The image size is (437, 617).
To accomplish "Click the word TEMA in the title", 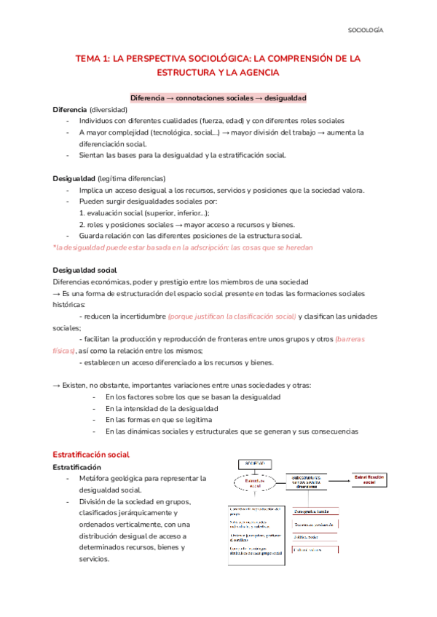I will pyautogui.click(x=92, y=58).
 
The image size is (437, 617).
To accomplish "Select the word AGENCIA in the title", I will pyautogui.click(x=258, y=73).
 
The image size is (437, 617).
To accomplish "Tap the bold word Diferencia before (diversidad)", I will pyautogui.click(x=70, y=109).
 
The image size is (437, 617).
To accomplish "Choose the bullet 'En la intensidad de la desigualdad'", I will pyautogui.click(x=169, y=408).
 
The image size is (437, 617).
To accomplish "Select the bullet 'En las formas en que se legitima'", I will pyautogui.click(x=159, y=420).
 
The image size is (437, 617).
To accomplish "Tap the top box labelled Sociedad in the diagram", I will pyautogui.click(x=250, y=463).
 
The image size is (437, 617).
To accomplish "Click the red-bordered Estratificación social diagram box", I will pyautogui.click(x=374, y=479).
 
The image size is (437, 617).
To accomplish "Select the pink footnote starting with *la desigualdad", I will pyautogui.click(x=183, y=247).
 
